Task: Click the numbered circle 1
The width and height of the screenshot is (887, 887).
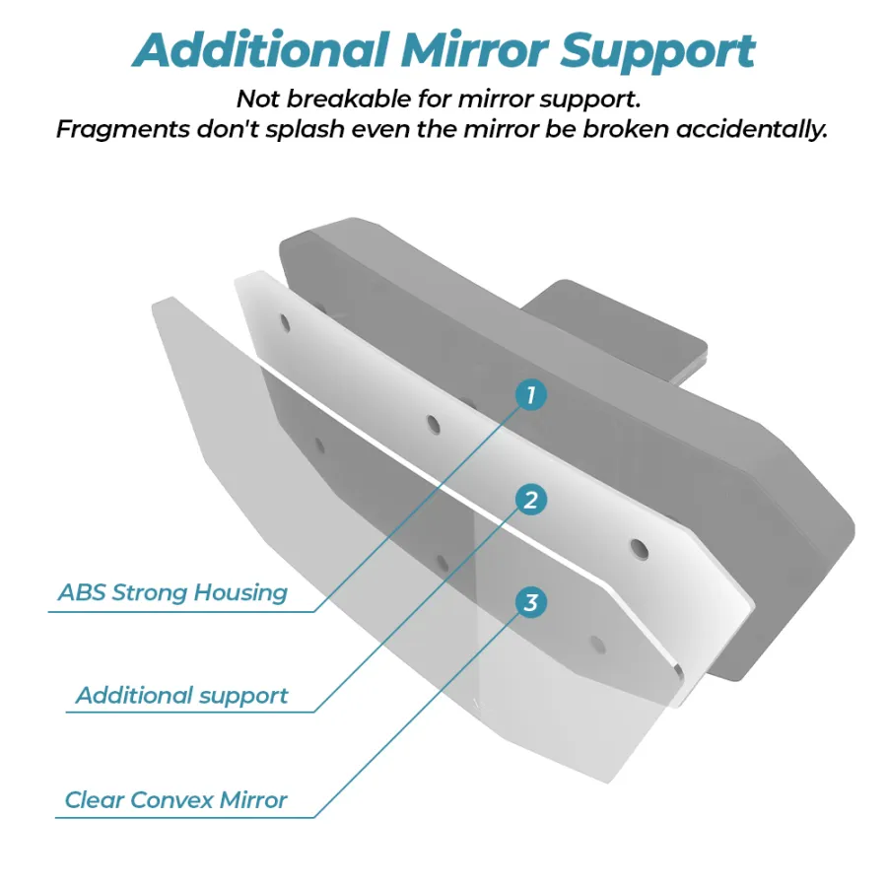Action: (x=530, y=395)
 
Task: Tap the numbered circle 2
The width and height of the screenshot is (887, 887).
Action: (x=530, y=500)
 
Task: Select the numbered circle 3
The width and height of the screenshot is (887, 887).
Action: (x=530, y=602)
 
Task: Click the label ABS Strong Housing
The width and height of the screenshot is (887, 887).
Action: (x=172, y=593)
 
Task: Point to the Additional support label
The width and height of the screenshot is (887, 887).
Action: (x=182, y=696)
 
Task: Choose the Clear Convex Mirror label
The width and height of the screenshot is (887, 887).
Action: (x=176, y=800)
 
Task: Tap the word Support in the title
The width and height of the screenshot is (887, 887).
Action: (x=657, y=52)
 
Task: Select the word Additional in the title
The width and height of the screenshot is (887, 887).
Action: (x=261, y=50)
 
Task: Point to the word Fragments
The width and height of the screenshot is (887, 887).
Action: (x=123, y=129)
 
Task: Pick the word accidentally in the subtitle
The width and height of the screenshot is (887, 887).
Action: (x=752, y=129)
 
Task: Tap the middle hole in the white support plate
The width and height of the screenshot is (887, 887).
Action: (x=434, y=424)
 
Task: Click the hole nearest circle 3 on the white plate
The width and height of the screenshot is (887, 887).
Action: (x=640, y=548)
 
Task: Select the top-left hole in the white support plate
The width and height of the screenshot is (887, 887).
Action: (x=285, y=323)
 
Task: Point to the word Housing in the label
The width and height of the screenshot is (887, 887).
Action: (x=240, y=593)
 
